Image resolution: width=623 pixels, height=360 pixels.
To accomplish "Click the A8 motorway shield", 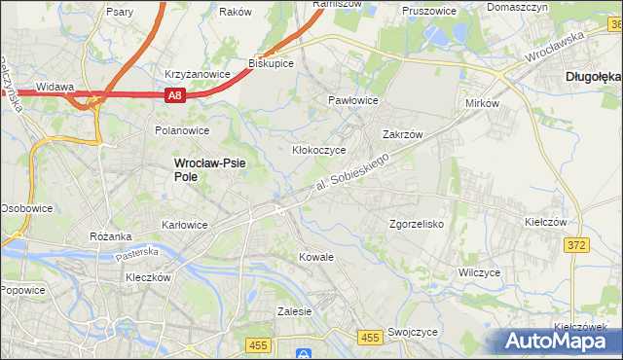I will tap(174, 95).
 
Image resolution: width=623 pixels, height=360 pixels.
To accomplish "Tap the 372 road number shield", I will tap(576, 245).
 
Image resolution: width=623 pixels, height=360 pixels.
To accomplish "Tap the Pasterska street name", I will tap(135, 253).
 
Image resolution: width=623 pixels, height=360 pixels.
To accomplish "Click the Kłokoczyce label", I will tap(319, 151).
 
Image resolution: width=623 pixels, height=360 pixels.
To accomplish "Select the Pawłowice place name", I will tap(352, 100).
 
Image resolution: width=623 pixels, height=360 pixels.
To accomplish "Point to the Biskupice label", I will tap(272, 63).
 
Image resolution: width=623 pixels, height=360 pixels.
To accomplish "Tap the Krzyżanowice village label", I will tap(197, 74).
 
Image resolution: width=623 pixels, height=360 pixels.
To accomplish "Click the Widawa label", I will tap(55, 87).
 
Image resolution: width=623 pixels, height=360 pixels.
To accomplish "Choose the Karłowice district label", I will tap(184, 225).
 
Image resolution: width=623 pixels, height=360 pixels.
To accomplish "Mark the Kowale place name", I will tap(315, 257).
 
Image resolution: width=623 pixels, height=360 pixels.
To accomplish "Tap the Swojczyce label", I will tap(412, 331).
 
